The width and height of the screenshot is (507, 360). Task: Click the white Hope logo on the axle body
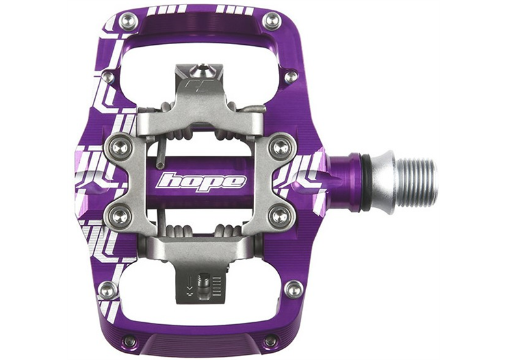[200, 182]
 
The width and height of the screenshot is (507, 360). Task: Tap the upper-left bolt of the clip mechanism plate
[120, 147]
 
